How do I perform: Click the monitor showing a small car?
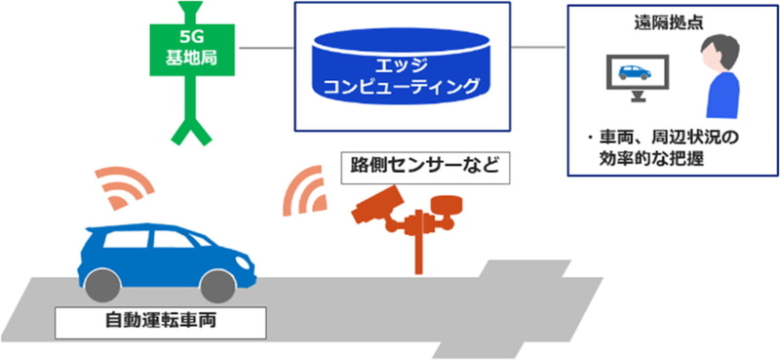pyautogui.click(x=636, y=73)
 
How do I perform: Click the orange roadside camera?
pyautogui.click(x=376, y=206)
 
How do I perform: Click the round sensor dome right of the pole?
pyautogui.click(x=450, y=207)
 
